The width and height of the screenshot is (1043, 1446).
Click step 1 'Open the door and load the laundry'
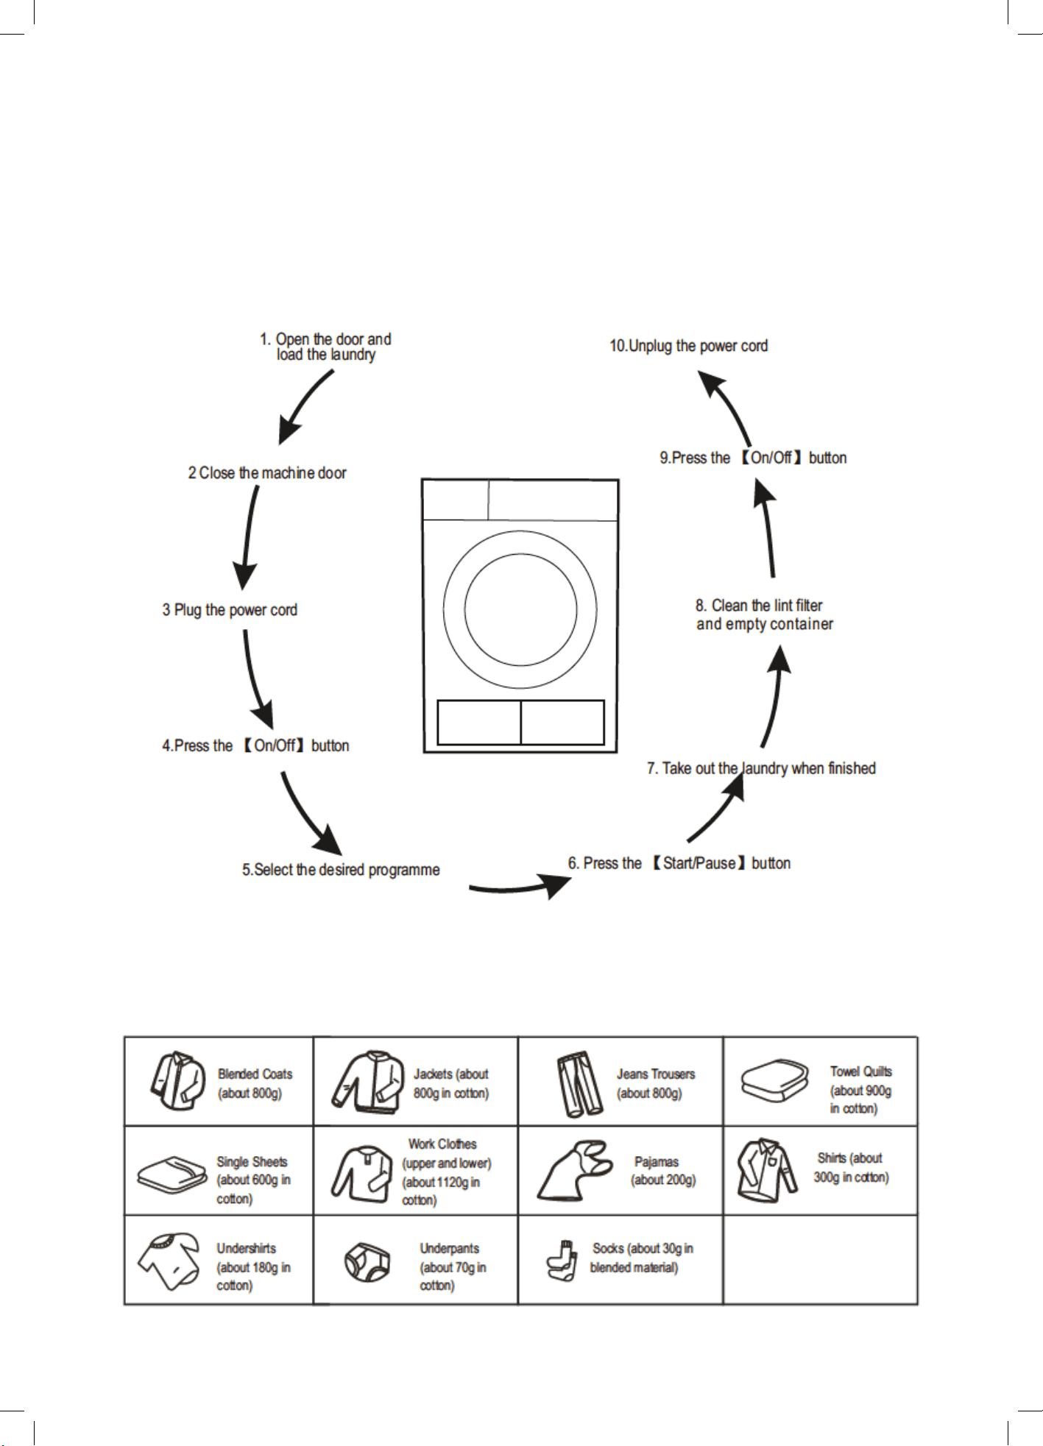pyautogui.click(x=325, y=347)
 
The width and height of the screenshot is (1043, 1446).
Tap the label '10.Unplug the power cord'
pyautogui.click(x=688, y=346)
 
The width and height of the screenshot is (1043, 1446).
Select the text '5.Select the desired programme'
pyautogui.click(x=341, y=870)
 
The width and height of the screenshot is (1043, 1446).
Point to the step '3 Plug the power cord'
pyautogui.click(x=230, y=610)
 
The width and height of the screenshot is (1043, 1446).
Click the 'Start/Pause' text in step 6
pyautogui.click(x=699, y=863)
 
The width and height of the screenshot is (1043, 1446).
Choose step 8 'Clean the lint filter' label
pyautogui.click(x=759, y=606)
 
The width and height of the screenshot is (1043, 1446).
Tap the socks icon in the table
pyautogui.click(x=561, y=1261)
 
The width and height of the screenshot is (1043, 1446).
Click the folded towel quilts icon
pyautogui.click(x=775, y=1081)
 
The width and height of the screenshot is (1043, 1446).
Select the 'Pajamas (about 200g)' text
pyautogui.click(x=662, y=1171)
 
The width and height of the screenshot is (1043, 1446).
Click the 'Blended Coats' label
pyautogui.click(x=255, y=1074)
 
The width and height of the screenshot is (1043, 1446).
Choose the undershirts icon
pyautogui.click(x=169, y=1261)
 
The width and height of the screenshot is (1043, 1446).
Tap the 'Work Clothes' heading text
pyautogui.click(x=442, y=1144)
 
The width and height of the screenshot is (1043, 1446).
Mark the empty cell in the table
pyautogui.click(x=820, y=1260)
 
